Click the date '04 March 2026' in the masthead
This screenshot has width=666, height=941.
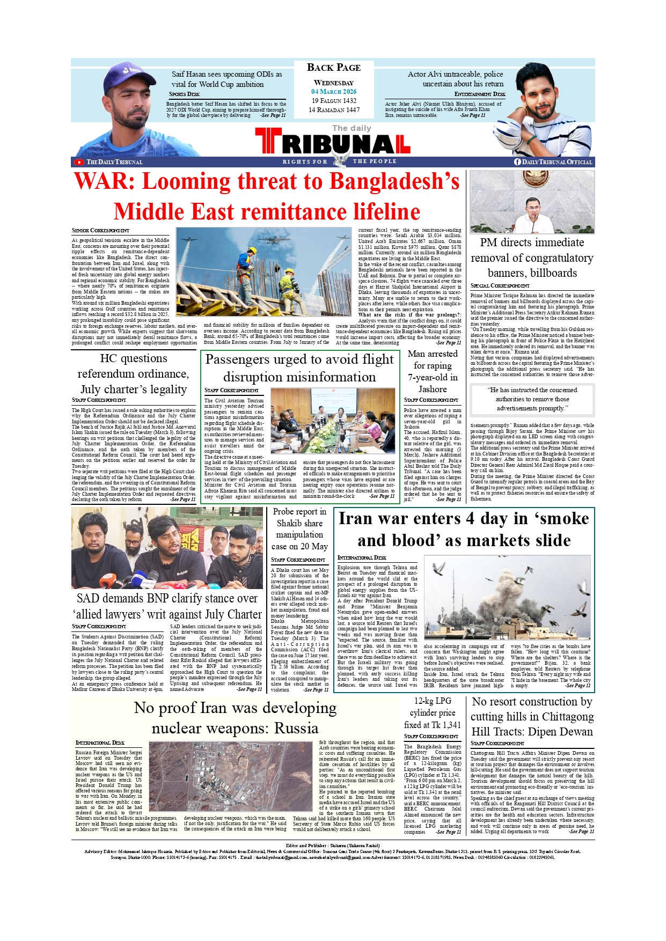[x=334, y=92]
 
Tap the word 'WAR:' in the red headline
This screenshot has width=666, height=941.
[x=105, y=182]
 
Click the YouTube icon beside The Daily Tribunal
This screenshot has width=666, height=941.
[x=79, y=162]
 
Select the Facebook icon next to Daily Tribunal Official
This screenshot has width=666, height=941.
[x=517, y=161]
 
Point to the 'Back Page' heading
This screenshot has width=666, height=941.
[x=334, y=68]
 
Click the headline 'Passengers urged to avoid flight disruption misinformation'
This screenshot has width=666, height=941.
[x=299, y=368]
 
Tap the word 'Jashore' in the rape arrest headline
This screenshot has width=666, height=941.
[x=433, y=389]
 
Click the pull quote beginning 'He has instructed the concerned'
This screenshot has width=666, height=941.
[x=532, y=399]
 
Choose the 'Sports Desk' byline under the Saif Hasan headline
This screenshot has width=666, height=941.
[x=184, y=94]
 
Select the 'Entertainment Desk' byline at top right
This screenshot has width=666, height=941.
[x=480, y=94]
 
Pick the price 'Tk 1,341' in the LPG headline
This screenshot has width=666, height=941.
[x=440, y=725]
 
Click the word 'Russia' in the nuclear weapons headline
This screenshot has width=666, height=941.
[x=296, y=728]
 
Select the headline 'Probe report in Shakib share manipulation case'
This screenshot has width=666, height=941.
[x=299, y=529]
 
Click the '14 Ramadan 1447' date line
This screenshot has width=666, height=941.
[x=334, y=110]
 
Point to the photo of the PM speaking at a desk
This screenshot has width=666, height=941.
[x=532, y=202]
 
